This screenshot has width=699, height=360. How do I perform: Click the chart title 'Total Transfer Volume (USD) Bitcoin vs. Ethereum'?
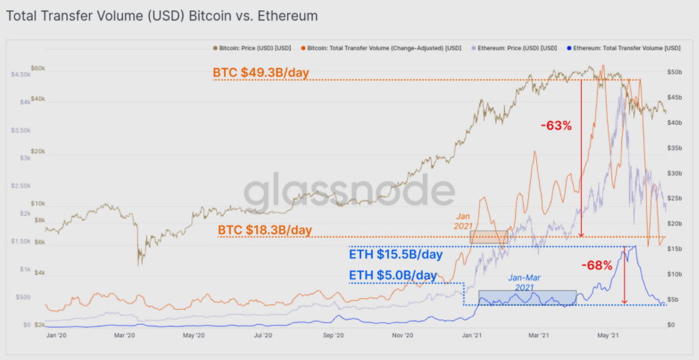(162, 14)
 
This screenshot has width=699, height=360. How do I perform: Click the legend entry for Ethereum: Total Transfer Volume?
(625, 48)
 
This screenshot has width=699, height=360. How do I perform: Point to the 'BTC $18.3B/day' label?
(264, 229)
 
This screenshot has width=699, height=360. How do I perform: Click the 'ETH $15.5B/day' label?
(396, 255)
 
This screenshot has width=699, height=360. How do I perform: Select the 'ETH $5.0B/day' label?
(393, 275)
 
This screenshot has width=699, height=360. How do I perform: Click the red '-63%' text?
(556, 126)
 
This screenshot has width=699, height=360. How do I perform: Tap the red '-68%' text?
(596, 265)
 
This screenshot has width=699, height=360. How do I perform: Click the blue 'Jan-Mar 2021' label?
(525, 282)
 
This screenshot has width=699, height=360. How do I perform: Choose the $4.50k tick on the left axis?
(21, 74)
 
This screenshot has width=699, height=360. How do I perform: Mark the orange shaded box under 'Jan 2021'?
(489, 236)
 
